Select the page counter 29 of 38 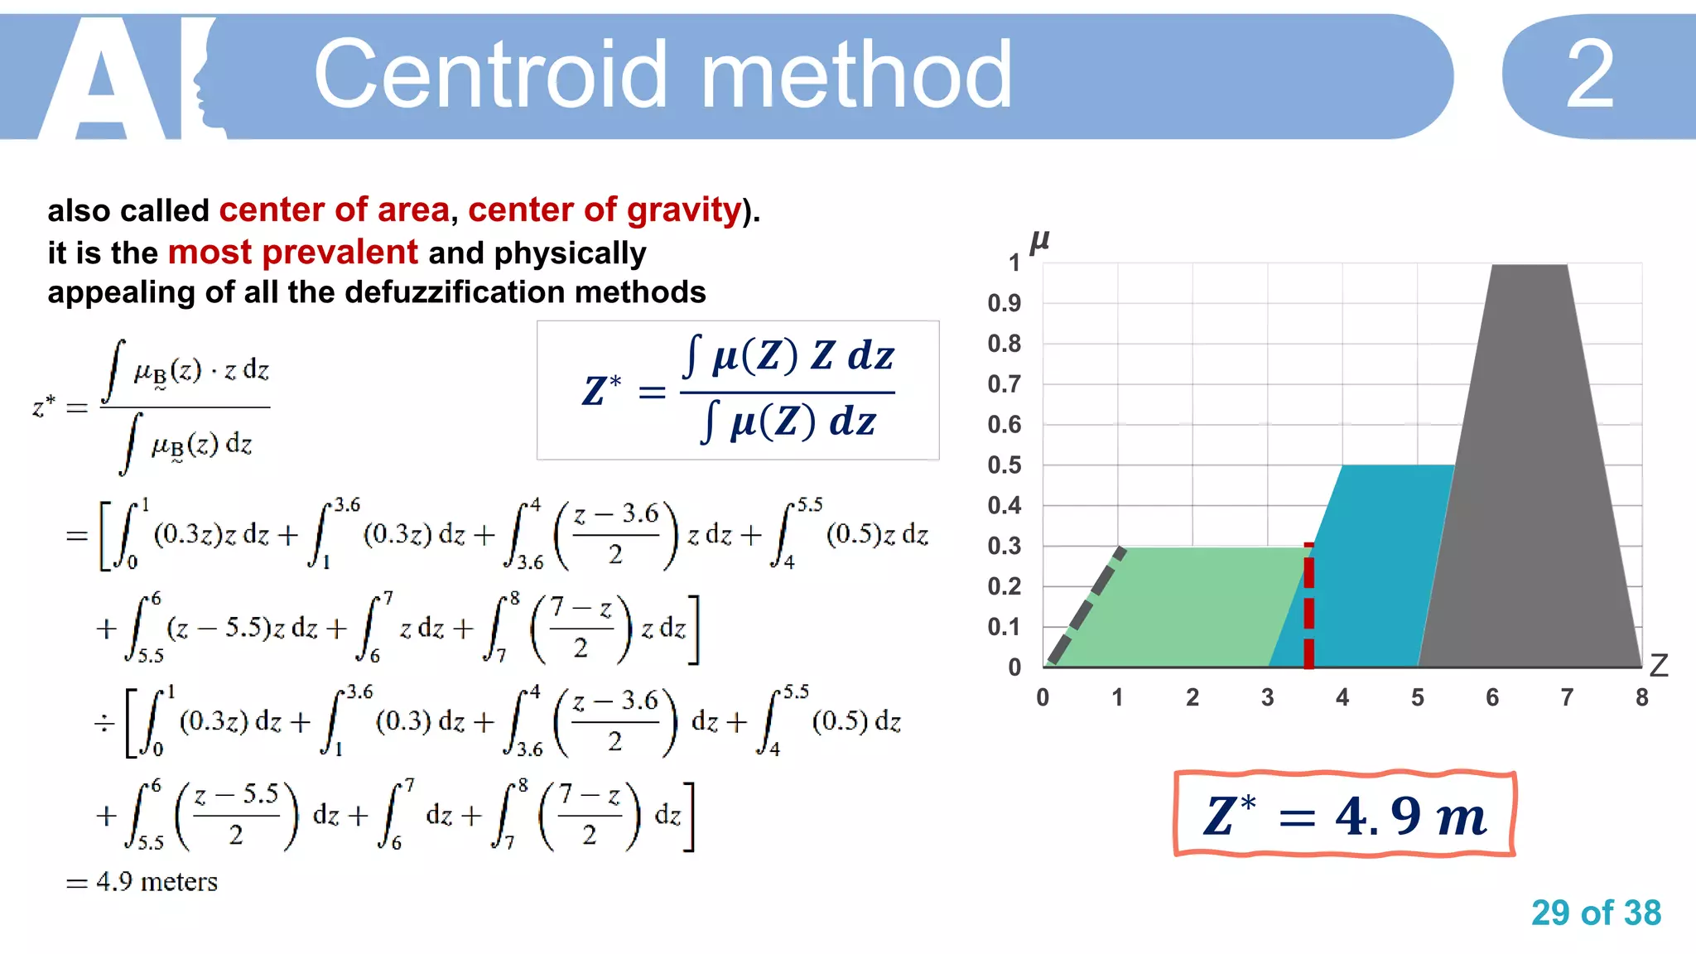click(x=1596, y=913)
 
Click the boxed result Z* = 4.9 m click(x=1344, y=815)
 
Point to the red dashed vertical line click(x=1308, y=609)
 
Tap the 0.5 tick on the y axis click(x=1004, y=465)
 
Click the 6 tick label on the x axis click(x=1492, y=698)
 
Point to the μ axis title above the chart click(x=1039, y=241)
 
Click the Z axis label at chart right click(x=1659, y=666)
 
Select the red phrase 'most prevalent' click(x=292, y=252)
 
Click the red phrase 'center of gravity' click(x=605, y=210)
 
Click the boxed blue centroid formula click(x=738, y=390)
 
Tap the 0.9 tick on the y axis click(x=1004, y=303)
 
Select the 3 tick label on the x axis click(x=1267, y=698)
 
